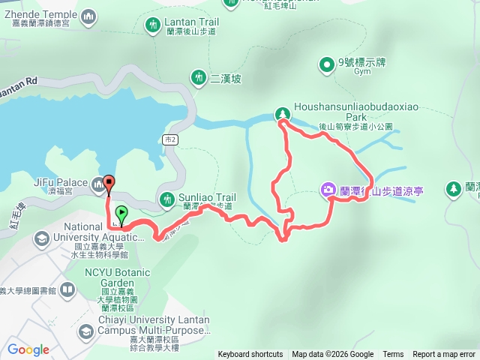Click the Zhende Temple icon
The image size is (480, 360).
pos(88,16)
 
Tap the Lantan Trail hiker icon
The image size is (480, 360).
pos(153,26)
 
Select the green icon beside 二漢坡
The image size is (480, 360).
pos(198,77)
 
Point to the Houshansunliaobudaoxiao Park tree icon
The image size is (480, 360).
pos(283,114)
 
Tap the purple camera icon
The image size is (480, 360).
pos(328,190)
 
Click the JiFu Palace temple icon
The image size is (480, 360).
pos(98,182)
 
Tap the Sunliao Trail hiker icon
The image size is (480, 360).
pos(167,199)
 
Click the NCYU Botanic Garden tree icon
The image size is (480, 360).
pos(69,289)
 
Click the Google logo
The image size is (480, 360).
pos(28,349)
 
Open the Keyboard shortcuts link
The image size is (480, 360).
pos(250,355)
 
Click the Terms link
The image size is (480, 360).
pos(393,355)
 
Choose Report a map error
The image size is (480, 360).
pos(444,355)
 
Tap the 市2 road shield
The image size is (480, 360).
pos(169,139)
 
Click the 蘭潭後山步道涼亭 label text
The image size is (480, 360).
pos(382,191)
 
